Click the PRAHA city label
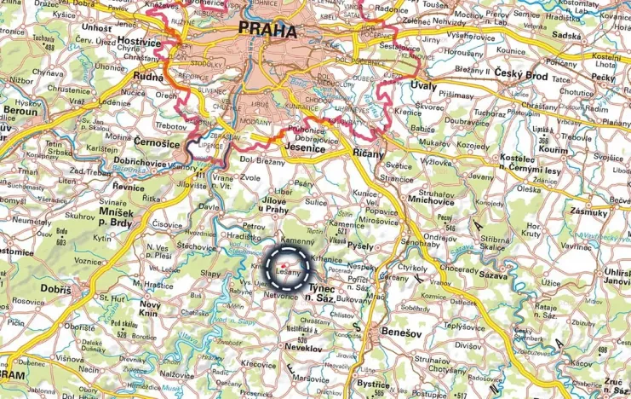268,31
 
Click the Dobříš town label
56,290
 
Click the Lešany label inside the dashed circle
288,272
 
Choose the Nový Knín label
150,309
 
